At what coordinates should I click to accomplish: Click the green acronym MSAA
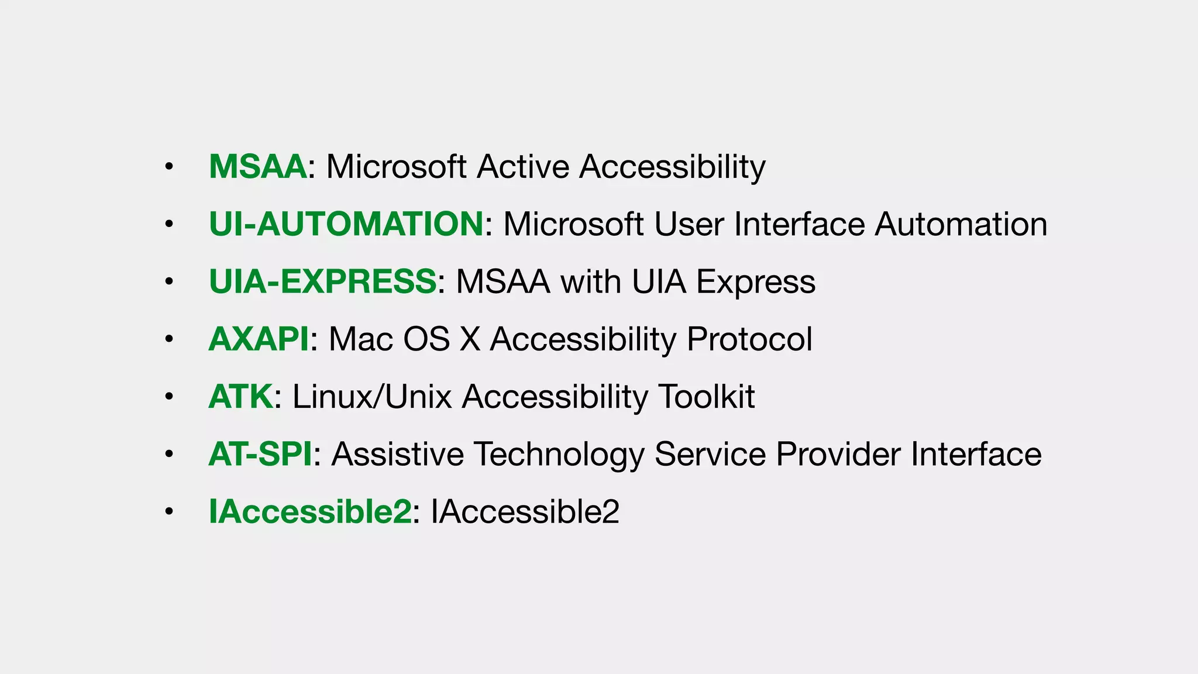(257, 167)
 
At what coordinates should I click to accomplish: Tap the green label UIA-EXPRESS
(322, 281)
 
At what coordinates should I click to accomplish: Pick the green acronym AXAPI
(259, 339)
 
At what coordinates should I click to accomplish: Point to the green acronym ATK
(240, 397)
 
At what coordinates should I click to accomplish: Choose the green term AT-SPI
(260, 454)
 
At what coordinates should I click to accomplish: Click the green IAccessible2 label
(310, 511)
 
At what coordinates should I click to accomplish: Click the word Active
(523, 167)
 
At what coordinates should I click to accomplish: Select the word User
(688, 224)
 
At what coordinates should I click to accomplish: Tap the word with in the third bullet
(591, 281)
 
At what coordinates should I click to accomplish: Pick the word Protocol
(749, 339)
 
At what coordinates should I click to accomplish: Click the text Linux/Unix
(372, 397)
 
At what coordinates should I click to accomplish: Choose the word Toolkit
(707, 397)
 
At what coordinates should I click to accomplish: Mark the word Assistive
(398, 454)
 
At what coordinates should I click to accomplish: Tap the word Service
(710, 454)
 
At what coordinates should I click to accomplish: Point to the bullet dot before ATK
(169, 397)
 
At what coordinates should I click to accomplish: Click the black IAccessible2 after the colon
(525, 511)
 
